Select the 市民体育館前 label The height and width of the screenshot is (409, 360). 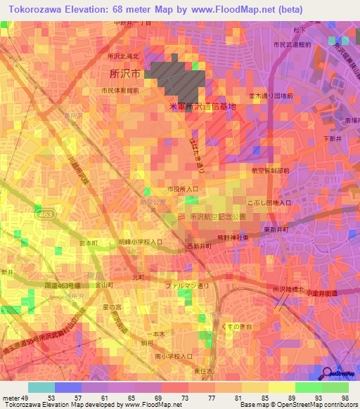click(x=119, y=91)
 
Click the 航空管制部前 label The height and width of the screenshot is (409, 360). click(x=270, y=170)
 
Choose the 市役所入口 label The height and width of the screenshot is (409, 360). click(x=183, y=189)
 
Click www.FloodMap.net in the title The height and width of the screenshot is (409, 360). click(x=221, y=8)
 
